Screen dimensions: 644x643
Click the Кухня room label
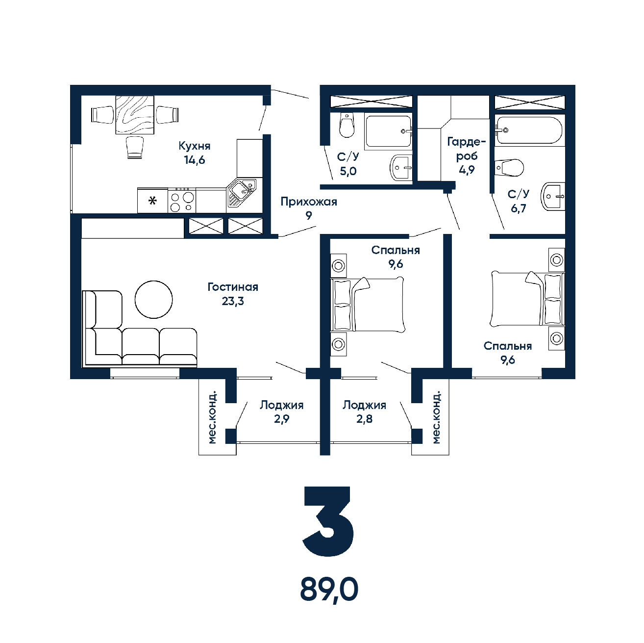click(x=195, y=146)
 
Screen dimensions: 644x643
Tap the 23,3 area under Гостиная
click(x=233, y=302)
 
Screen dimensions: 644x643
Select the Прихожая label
click(x=309, y=202)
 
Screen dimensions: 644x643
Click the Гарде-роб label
click(x=467, y=149)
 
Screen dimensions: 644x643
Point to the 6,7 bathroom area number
click(x=519, y=208)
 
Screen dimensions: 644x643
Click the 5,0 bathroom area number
click(x=348, y=171)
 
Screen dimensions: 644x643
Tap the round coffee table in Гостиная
click(x=154, y=299)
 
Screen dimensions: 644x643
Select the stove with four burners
click(x=181, y=201)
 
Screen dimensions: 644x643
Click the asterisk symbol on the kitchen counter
click(x=152, y=201)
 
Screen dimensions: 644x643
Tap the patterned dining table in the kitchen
click(x=135, y=115)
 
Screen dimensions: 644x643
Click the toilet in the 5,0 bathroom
click(x=347, y=125)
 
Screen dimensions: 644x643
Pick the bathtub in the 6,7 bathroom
click(x=529, y=130)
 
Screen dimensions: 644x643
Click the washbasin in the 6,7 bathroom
click(x=553, y=196)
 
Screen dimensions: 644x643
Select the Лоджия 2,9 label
click(x=282, y=412)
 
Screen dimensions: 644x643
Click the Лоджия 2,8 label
click(x=364, y=412)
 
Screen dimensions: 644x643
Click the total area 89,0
click(x=329, y=590)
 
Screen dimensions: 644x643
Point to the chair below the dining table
click(x=135, y=148)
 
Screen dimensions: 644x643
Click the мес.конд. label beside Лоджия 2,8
click(x=436, y=417)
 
